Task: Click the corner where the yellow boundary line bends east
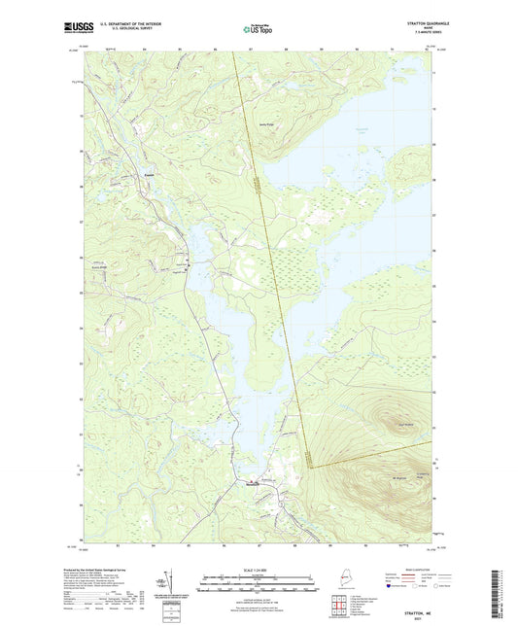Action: click(x=309, y=468)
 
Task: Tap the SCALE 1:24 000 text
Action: click(x=258, y=569)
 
